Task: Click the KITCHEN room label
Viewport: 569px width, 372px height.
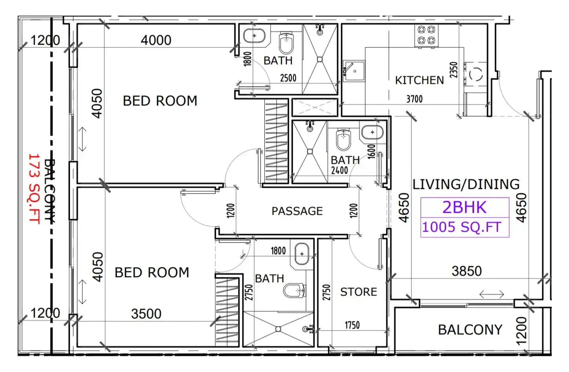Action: pyautogui.click(x=419, y=80)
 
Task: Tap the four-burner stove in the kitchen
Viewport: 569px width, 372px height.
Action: pyautogui.click(x=426, y=35)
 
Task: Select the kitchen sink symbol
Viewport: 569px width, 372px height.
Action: pyautogui.click(x=353, y=71)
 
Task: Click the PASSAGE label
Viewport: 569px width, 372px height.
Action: pyautogui.click(x=297, y=211)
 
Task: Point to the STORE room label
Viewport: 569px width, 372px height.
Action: pyautogui.click(x=359, y=292)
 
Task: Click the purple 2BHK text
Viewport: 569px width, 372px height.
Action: pyautogui.click(x=464, y=207)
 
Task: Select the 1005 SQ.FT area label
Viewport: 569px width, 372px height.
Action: pyautogui.click(x=461, y=227)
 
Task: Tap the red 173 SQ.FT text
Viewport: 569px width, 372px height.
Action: pyautogui.click(x=34, y=189)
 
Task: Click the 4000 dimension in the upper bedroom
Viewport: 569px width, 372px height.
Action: pyautogui.click(x=156, y=40)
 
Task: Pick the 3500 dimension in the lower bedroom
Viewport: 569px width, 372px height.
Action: pyautogui.click(x=146, y=314)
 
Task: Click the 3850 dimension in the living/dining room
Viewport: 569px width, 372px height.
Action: pyautogui.click(x=467, y=271)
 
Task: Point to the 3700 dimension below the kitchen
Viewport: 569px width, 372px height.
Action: pyautogui.click(x=415, y=99)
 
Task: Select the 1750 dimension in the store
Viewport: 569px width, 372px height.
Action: pyautogui.click(x=352, y=325)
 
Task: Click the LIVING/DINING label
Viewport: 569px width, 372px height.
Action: pyautogui.click(x=466, y=184)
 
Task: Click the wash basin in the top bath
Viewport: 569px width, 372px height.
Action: pyautogui.click(x=254, y=36)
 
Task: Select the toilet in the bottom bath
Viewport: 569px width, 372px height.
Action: pyautogui.click(x=295, y=290)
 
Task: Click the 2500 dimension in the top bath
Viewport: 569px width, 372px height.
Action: pyautogui.click(x=288, y=78)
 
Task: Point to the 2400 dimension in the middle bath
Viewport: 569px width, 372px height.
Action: pyautogui.click(x=339, y=171)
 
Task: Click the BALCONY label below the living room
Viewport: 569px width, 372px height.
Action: pyautogui.click(x=470, y=330)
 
